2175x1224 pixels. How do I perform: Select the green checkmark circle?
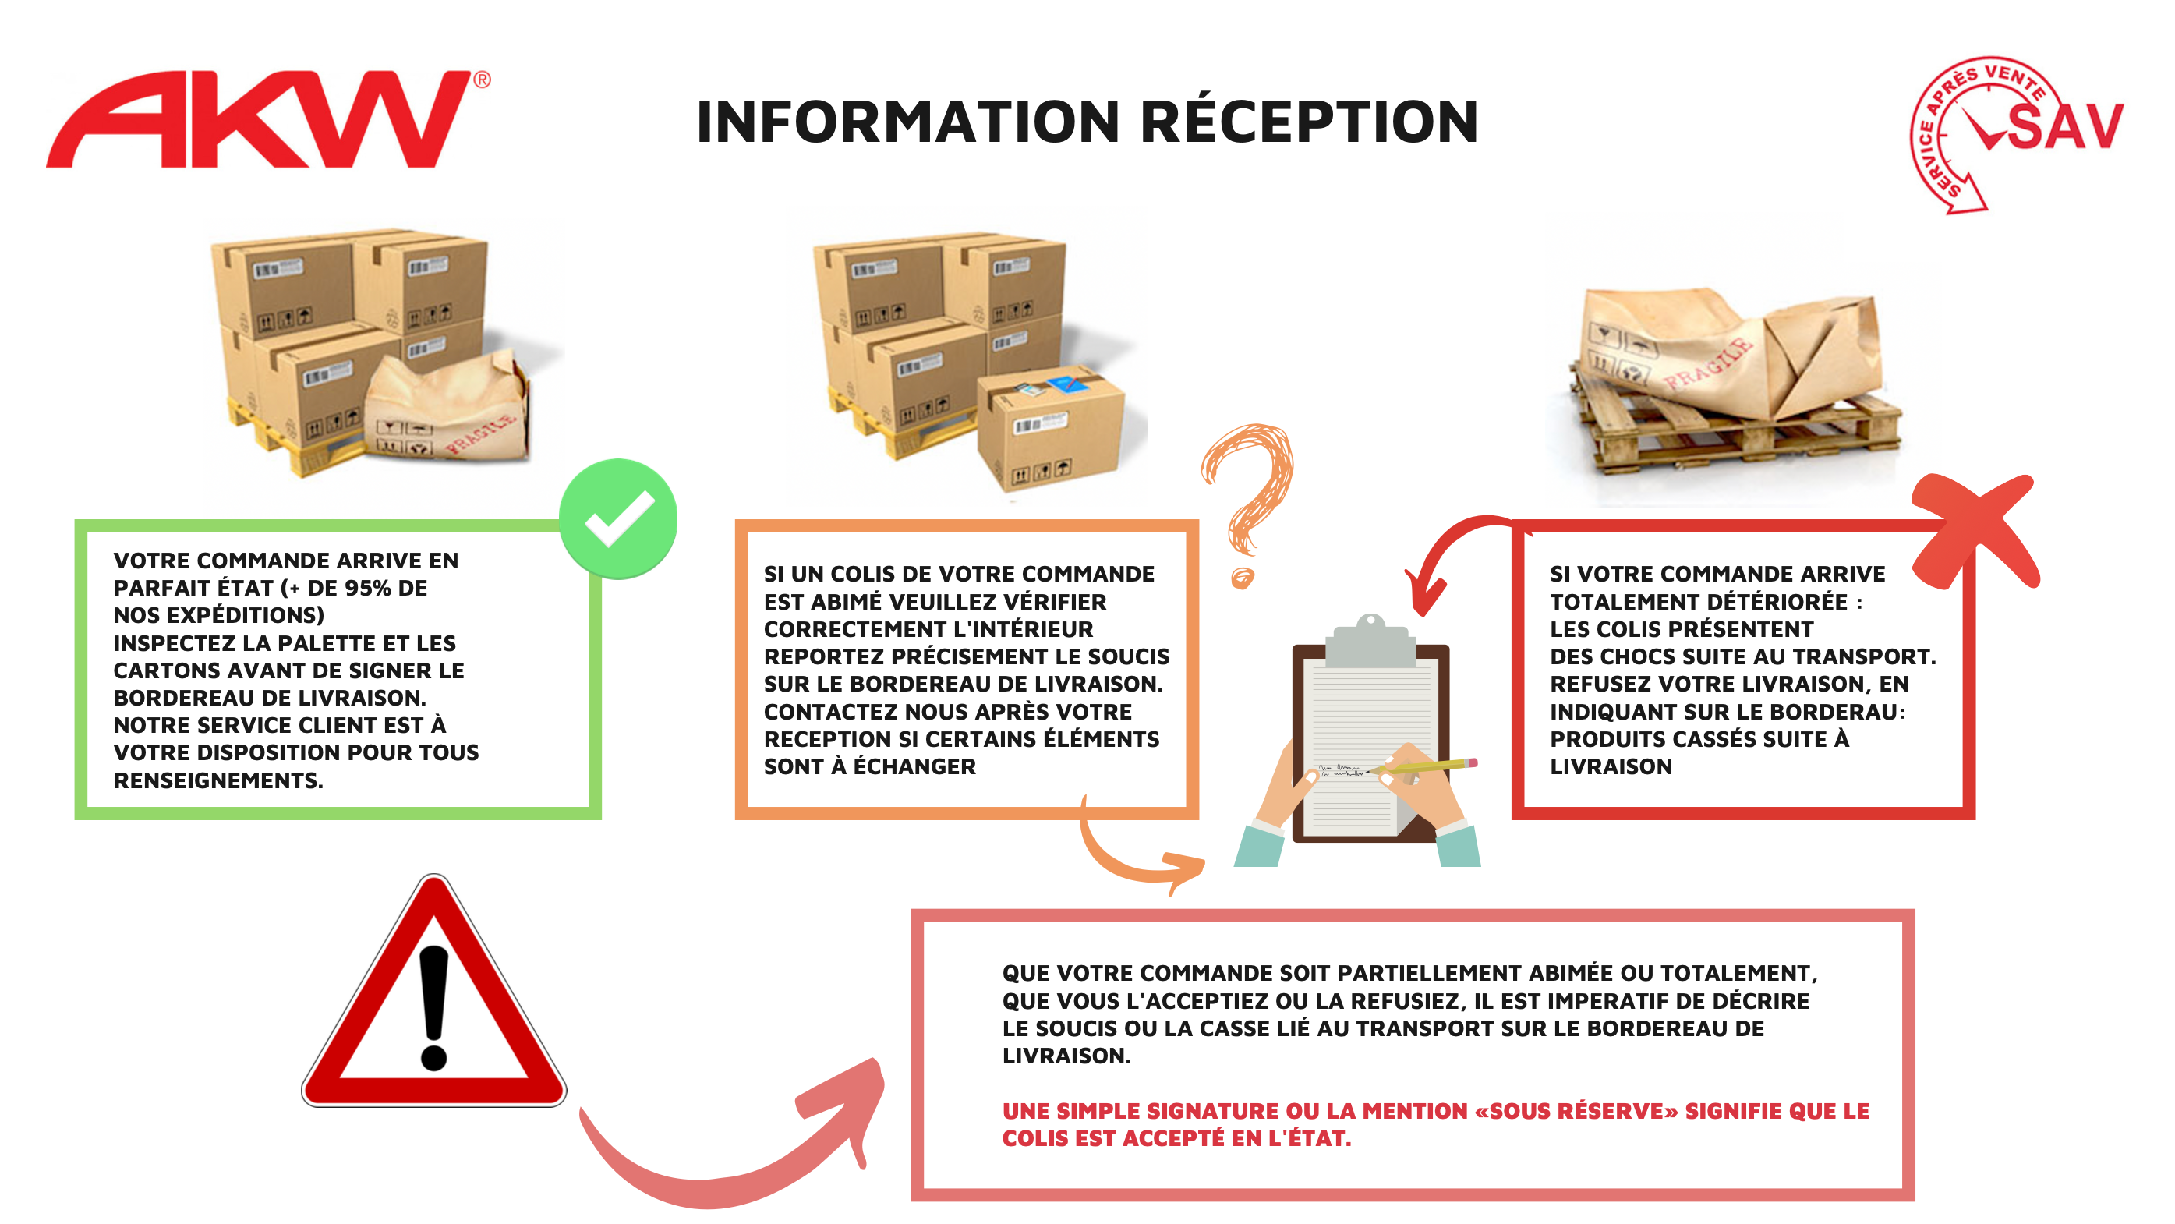tap(618, 518)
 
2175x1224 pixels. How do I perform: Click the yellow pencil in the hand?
tap(1427, 766)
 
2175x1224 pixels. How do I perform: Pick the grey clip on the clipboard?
tap(1370, 642)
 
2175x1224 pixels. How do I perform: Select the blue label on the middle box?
tap(1068, 385)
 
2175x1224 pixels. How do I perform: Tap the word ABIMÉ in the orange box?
tap(847, 602)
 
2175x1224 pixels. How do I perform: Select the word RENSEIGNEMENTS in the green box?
tap(217, 781)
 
